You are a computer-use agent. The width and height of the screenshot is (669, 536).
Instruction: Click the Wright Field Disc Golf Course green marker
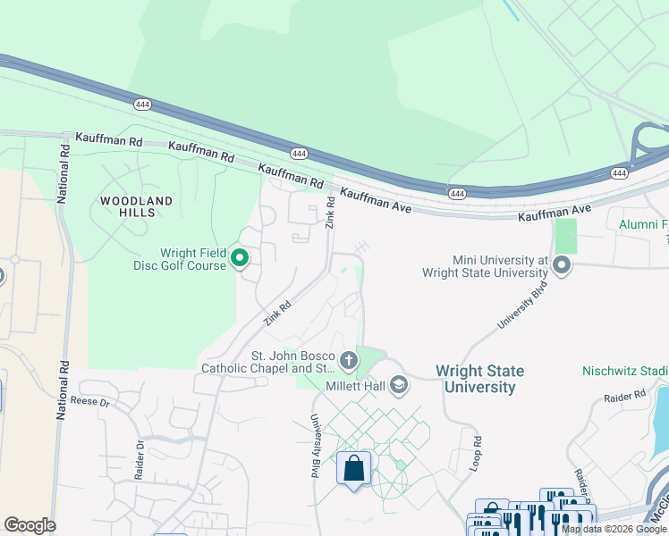coord(240,259)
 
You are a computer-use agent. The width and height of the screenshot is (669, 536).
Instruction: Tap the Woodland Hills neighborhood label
coord(136,207)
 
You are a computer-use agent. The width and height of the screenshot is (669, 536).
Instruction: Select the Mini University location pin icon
coord(562,265)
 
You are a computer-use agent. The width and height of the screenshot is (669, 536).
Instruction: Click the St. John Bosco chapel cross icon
coord(348,361)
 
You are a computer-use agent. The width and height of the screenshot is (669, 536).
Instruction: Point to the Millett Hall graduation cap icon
coord(399,386)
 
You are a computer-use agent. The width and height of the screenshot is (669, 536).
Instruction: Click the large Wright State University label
coord(479,379)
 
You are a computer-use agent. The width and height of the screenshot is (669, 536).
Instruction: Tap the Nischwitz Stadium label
coord(625,370)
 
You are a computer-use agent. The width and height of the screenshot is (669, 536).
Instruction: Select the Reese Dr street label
coord(89,403)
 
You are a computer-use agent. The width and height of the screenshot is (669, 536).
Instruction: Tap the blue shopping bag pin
coord(353,468)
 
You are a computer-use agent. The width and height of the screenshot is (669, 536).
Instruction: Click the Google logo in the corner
coord(30,524)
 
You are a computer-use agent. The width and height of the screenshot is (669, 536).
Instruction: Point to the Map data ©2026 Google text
coord(614,530)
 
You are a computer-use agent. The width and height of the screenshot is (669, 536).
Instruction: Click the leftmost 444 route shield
coord(141,105)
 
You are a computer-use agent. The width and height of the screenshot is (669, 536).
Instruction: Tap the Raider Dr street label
coord(140,460)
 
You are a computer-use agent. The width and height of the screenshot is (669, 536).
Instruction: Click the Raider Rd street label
coord(623,396)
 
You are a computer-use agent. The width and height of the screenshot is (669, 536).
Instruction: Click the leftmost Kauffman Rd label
coord(109,140)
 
